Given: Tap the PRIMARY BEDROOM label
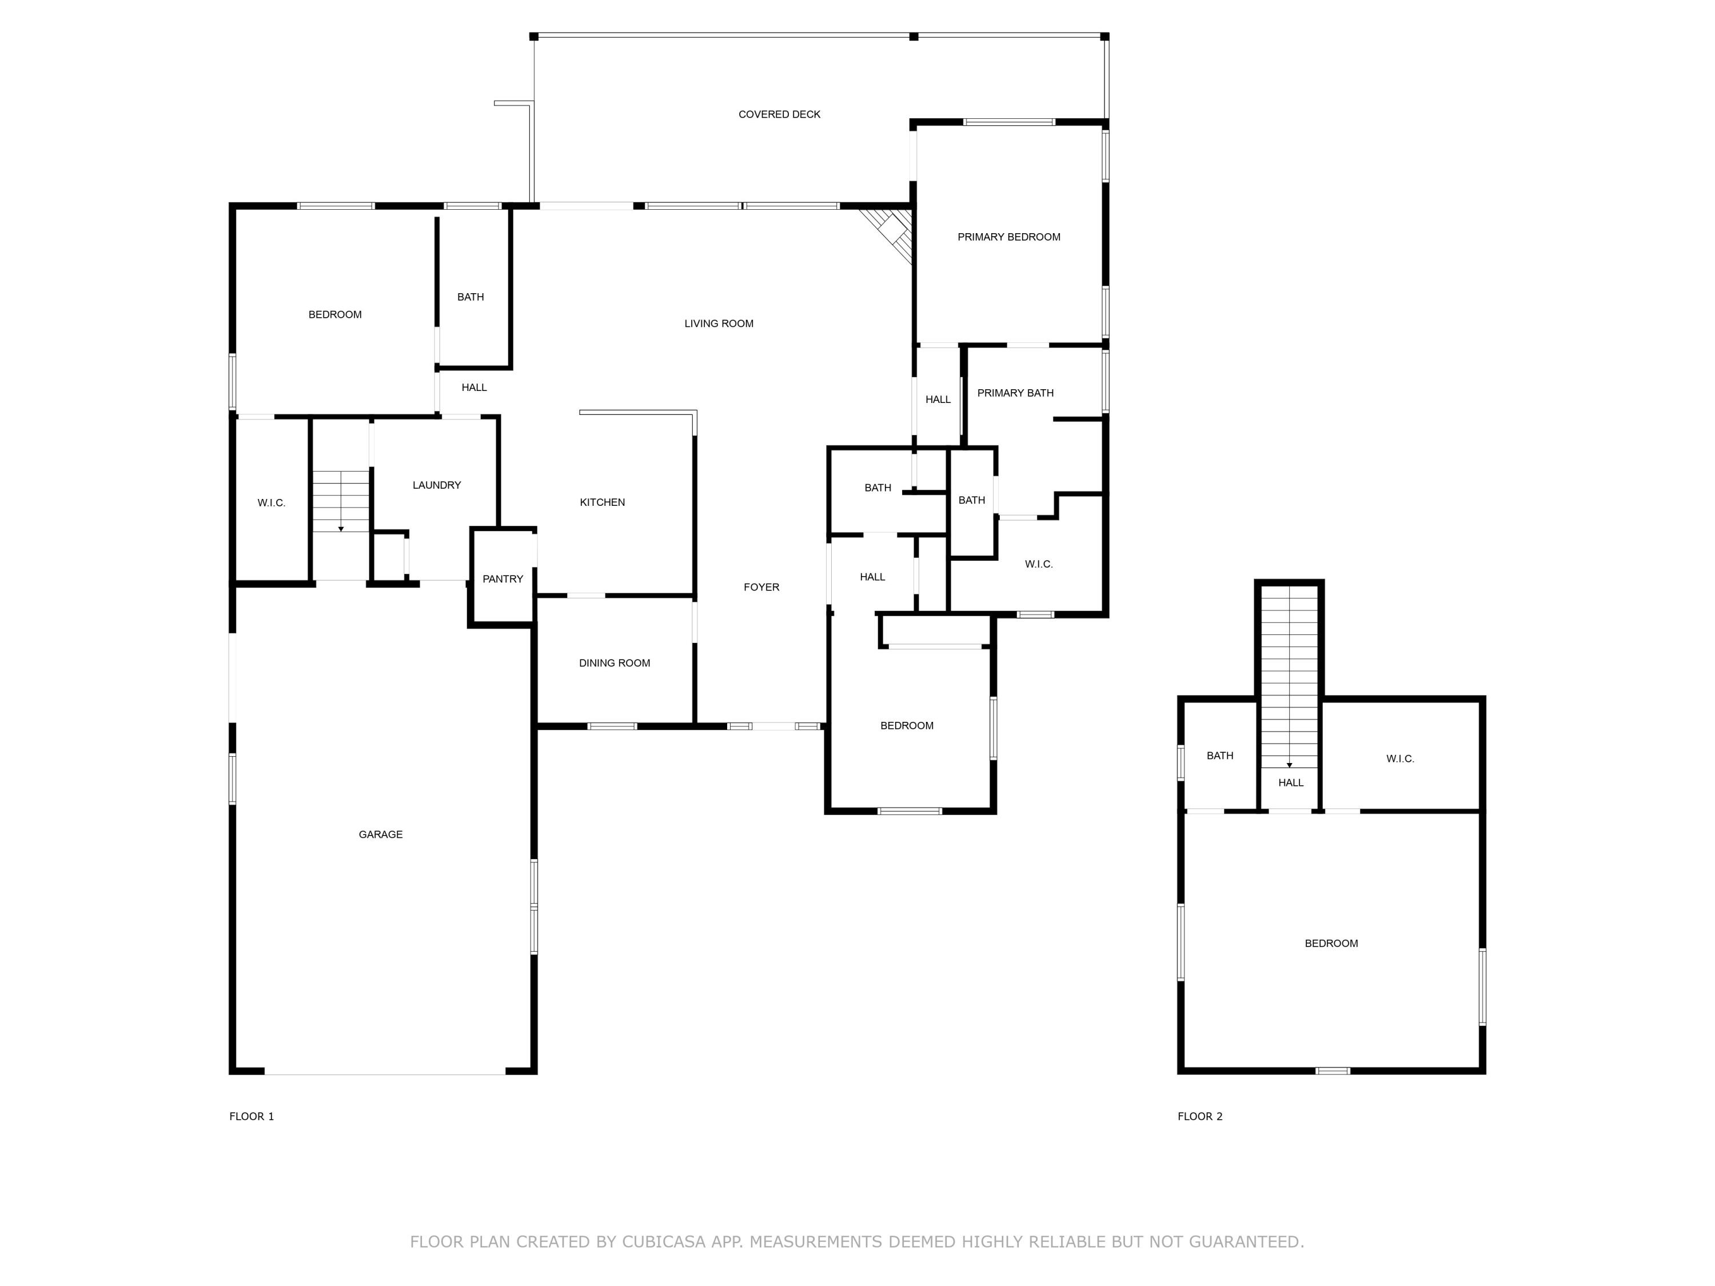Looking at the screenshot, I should [x=1008, y=237].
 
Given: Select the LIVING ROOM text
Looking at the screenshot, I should [x=718, y=324].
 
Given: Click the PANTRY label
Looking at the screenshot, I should [x=502, y=579].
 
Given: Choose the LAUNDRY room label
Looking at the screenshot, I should [x=437, y=485].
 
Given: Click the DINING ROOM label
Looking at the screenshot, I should [x=614, y=663].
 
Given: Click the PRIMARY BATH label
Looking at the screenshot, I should [x=1014, y=393].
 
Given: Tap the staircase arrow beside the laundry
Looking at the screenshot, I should [x=340, y=528].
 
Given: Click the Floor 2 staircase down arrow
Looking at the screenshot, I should [x=1289, y=764].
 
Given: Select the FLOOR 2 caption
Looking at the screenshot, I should [x=1199, y=1116].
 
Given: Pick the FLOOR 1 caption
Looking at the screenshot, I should [x=251, y=1116].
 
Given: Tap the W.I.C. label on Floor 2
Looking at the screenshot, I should [x=1399, y=759].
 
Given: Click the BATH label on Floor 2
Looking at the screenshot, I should [x=1219, y=756].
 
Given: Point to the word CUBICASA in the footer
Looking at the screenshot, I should [x=663, y=1242].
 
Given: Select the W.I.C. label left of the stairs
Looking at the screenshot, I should [x=272, y=503].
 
